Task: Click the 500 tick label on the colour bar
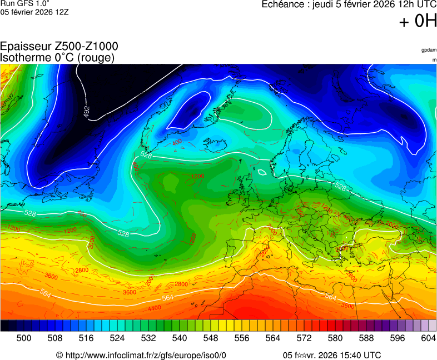point(23,338)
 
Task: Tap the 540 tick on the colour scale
point(179,338)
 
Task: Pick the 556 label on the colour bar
point(241,338)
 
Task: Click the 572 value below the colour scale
point(304,338)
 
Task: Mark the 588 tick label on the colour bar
point(366,338)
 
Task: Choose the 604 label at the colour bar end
point(428,338)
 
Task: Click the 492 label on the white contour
point(87,112)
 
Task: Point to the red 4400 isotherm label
point(155,308)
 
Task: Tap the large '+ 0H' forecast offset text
point(418,22)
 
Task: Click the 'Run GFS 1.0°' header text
point(21,3)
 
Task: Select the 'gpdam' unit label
point(429,50)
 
